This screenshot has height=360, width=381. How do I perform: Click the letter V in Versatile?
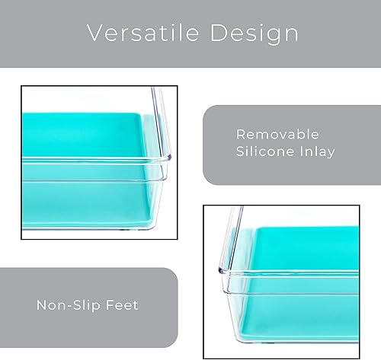[x=94, y=33]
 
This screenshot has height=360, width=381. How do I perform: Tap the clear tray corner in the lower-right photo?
[x=229, y=228]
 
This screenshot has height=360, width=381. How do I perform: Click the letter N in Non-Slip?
[x=40, y=305]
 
